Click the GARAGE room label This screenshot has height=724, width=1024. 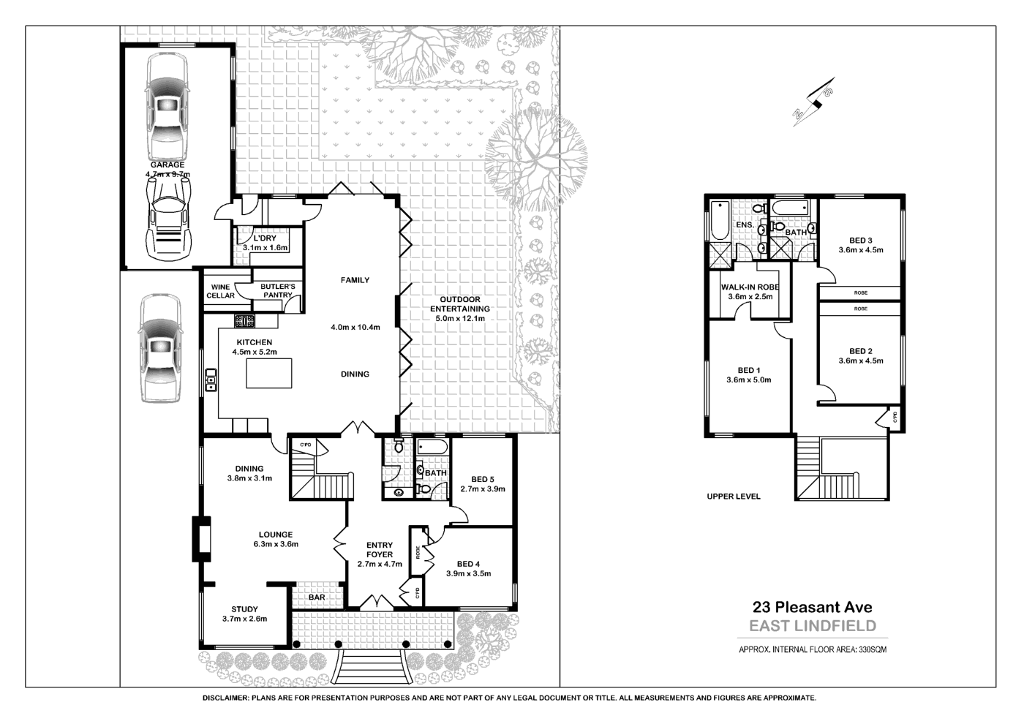(x=167, y=165)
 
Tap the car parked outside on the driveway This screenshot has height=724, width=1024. (x=161, y=349)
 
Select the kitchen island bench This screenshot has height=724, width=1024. (x=268, y=373)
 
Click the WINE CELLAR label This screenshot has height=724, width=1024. (x=220, y=291)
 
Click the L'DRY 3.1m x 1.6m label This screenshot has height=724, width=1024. (x=266, y=243)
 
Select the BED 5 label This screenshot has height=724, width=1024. (x=483, y=480)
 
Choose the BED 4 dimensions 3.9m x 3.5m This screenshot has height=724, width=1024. (x=468, y=573)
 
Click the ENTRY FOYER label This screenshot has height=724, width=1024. (x=380, y=549)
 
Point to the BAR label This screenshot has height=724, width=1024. (x=317, y=597)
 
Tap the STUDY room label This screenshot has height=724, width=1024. (x=244, y=609)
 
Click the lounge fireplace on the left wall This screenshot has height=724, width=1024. (x=200, y=539)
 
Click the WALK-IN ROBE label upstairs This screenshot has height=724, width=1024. (x=750, y=287)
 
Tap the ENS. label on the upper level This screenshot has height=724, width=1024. (x=745, y=225)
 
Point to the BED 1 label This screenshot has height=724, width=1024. (x=748, y=371)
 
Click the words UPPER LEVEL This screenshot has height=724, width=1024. (x=733, y=497)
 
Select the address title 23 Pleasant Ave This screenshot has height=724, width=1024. (x=813, y=606)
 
